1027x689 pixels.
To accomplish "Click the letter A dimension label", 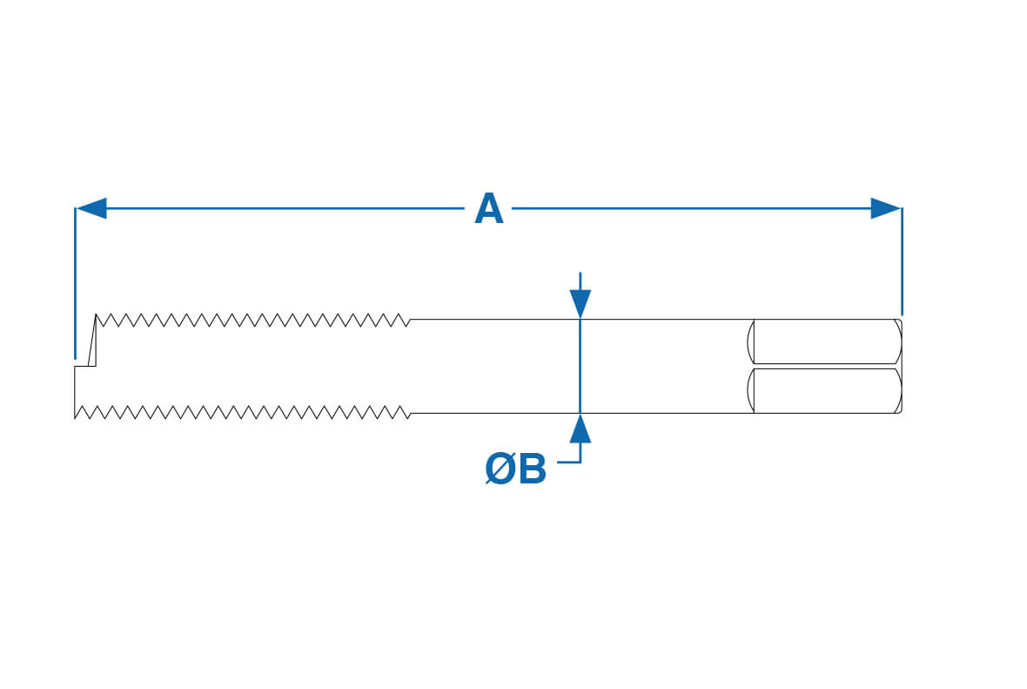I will coord(488,210).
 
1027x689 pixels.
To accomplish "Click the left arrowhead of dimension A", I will coord(91,208).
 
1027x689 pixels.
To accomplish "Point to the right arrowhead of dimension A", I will coord(885,208).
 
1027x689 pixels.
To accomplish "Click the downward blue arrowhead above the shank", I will coord(580,303).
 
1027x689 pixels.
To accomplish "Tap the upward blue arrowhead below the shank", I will coord(580,429).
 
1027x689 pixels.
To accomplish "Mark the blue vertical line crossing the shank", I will coord(580,366).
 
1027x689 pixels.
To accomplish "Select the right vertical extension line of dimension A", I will coord(902,261).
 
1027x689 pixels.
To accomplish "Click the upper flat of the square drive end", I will coord(825,341).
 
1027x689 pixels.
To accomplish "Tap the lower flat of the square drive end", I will coord(825,390).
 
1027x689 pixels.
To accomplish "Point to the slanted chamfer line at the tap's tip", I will coord(91,340).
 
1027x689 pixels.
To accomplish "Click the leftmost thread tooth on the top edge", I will coord(101,321).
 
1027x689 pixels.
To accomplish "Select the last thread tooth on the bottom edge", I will coord(404,410).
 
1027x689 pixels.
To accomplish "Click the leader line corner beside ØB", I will coord(580,462).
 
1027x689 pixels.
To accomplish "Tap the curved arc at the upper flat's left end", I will coord(750,341).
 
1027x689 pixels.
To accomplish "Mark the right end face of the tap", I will coord(902,366).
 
